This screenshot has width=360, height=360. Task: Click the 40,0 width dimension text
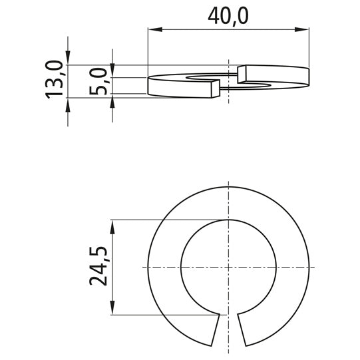click(228, 15)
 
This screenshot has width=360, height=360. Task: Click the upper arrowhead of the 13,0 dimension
click(67, 60)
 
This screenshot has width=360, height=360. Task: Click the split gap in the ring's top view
click(228, 329)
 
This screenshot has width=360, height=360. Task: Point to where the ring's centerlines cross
click(228, 267)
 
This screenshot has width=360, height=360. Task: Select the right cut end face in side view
click(242, 74)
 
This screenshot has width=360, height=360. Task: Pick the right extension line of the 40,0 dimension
click(309, 47)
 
